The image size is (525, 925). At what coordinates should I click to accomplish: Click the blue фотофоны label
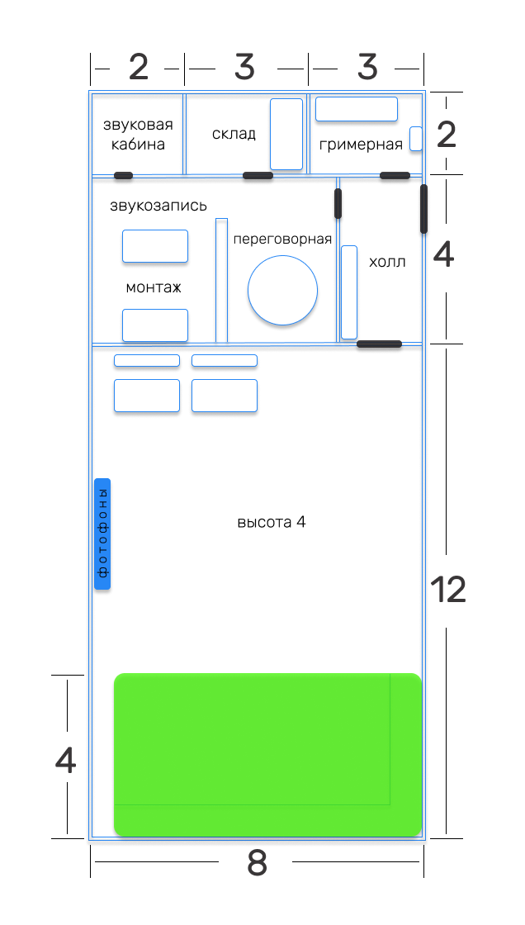(x=102, y=534)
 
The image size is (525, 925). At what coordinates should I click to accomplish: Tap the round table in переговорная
(x=283, y=290)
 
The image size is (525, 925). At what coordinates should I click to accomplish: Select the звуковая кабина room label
(x=138, y=135)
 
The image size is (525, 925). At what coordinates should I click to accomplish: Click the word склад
(x=234, y=134)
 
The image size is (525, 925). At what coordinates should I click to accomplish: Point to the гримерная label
(x=361, y=145)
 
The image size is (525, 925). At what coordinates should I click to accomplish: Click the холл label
(x=387, y=263)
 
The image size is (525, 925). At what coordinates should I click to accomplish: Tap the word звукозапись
(x=158, y=206)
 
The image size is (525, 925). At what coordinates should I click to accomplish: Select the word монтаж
(x=153, y=287)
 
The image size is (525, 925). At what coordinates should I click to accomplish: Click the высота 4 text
(x=272, y=522)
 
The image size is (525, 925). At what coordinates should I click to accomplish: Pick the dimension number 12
(x=447, y=590)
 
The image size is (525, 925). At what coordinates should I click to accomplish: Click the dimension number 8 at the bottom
(x=257, y=864)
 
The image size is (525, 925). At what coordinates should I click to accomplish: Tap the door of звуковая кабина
(x=123, y=175)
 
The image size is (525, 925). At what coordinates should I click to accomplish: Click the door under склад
(x=258, y=176)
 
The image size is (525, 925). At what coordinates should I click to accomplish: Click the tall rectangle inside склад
(x=286, y=134)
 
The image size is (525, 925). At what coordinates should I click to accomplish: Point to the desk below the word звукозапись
(x=155, y=246)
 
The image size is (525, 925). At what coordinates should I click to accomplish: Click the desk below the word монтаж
(x=155, y=325)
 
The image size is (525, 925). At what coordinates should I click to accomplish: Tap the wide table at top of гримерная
(x=357, y=109)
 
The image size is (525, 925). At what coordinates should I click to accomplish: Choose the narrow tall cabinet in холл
(x=349, y=292)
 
